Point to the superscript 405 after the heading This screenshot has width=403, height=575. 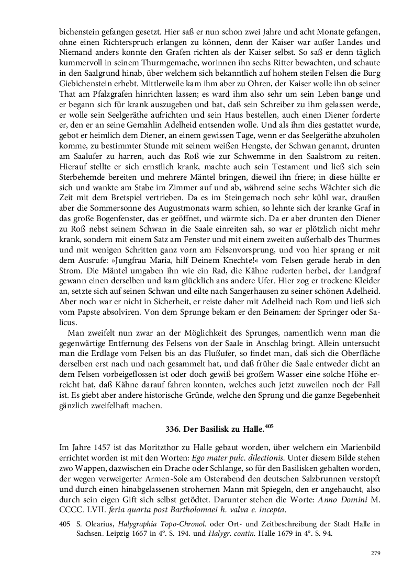click(x=269, y=426)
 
